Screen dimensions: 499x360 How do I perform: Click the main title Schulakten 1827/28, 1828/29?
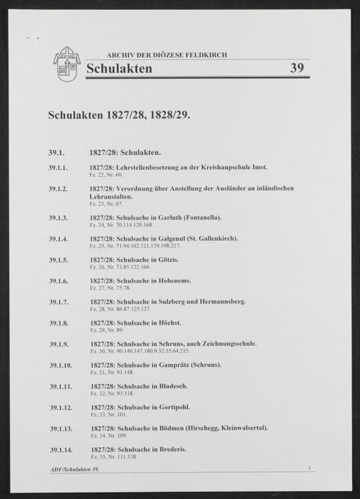coord(119,115)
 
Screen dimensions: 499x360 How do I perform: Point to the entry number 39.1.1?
coord(58,167)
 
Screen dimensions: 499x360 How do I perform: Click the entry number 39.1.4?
coord(58,238)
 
